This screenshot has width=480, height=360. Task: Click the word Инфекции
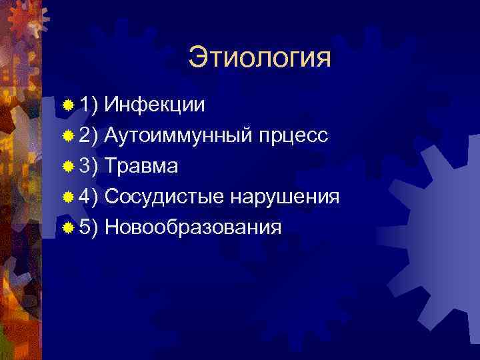point(155,104)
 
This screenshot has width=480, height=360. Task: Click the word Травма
point(141,166)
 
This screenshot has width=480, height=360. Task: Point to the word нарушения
point(285,197)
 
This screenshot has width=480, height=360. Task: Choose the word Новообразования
point(193,227)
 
